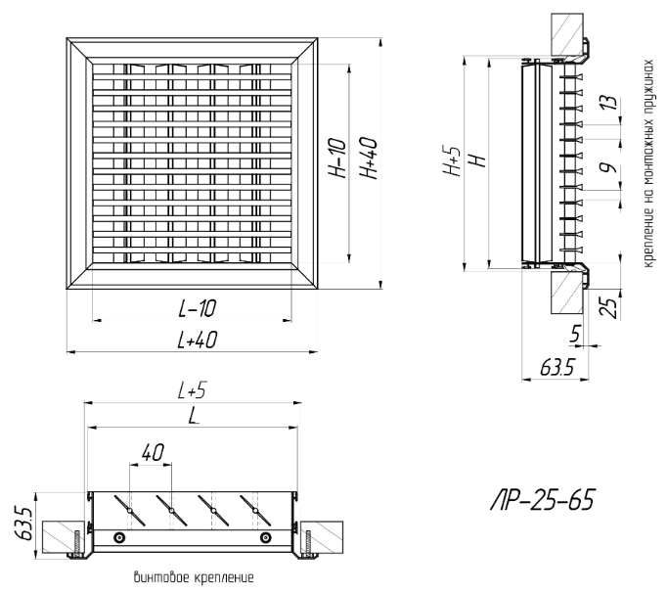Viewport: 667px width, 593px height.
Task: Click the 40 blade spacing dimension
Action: pos(152,451)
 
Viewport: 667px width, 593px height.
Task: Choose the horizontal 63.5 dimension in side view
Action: pos(554,370)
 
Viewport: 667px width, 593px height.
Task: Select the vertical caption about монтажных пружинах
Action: pos(648,157)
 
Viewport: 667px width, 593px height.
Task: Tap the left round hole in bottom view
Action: pos(119,539)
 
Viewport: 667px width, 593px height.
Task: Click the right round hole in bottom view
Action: pos(264,539)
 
